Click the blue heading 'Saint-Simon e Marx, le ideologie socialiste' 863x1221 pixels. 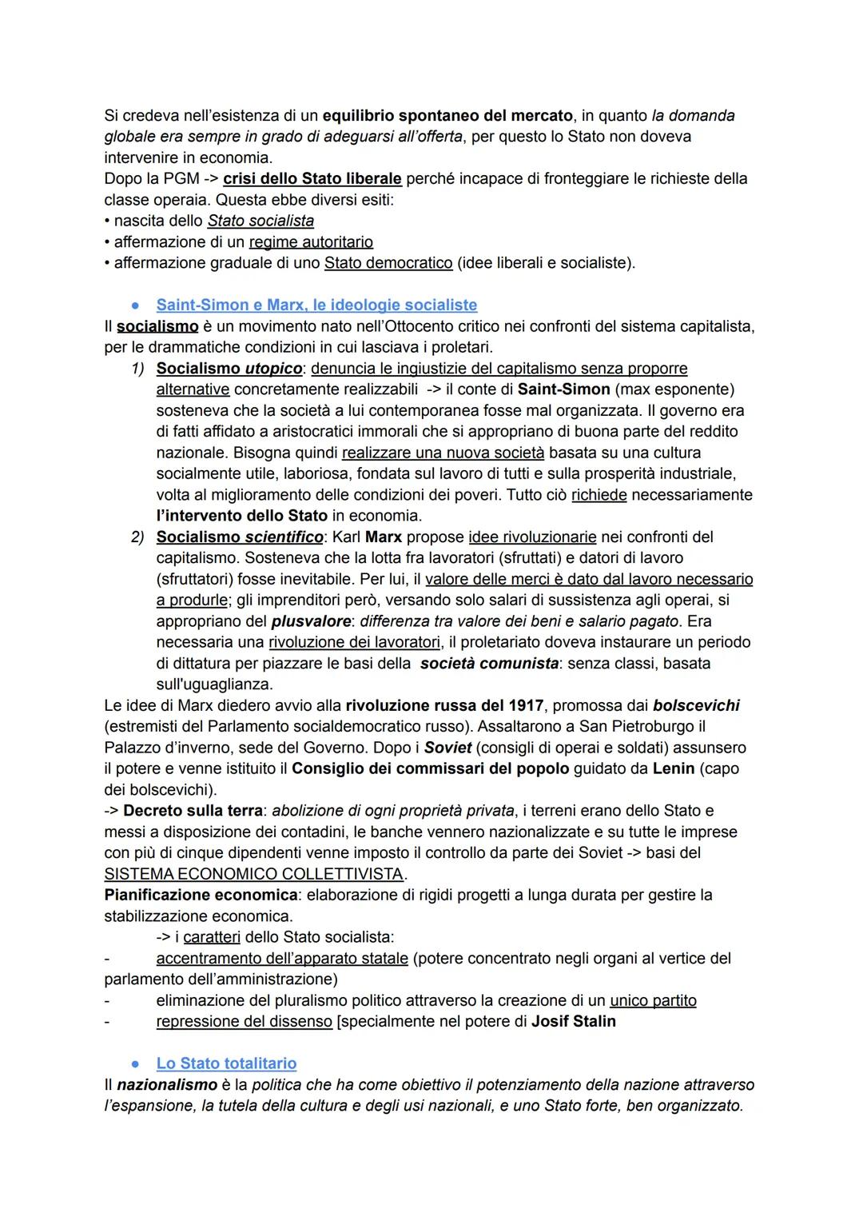[316, 305]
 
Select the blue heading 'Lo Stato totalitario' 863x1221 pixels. [226, 1063]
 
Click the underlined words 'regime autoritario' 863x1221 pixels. [311, 241]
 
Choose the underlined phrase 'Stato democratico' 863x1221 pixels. [388, 262]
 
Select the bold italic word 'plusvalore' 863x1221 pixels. [311, 621]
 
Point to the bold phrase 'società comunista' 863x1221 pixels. [489, 664]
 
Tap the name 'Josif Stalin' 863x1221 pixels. [573, 1021]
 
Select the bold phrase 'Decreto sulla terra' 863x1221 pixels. [193, 810]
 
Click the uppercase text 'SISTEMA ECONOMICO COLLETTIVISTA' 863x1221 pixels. [253, 874]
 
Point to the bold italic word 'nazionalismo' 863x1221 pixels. [167, 1085]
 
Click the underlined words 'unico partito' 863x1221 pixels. [653, 1000]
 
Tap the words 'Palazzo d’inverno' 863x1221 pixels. [165, 748]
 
